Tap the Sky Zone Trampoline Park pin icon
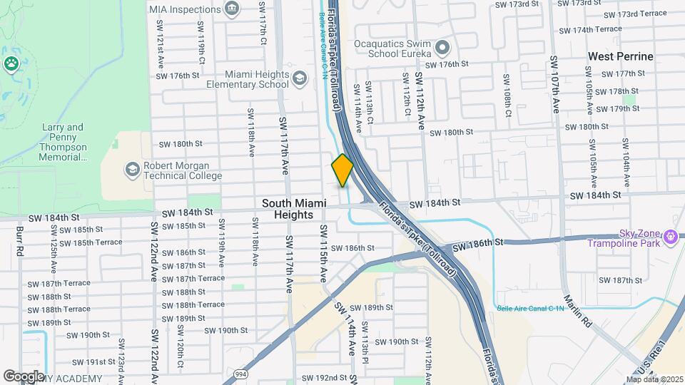670,235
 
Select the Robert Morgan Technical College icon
132,169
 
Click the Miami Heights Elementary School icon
300,78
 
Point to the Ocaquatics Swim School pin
442,48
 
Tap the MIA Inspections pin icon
232,8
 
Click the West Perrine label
620,56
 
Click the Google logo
24,376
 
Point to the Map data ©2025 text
654,379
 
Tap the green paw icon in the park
11,63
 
